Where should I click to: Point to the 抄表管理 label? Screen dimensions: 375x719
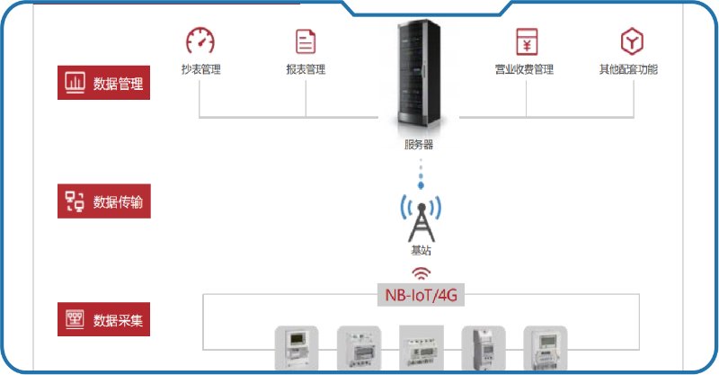pyautogui.click(x=200, y=69)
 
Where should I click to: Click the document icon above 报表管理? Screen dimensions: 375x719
pyautogui.click(x=306, y=40)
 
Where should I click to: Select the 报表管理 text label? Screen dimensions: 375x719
pyautogui.click(x=306, y=69)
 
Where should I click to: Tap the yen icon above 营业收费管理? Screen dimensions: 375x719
pyautogui.click(x=526, y=40)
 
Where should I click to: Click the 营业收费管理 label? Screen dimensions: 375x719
pyautogui.click(x=525, y=69)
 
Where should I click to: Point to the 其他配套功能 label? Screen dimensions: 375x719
pyautogui.click(x=629, y=69)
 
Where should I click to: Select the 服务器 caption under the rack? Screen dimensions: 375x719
pyautogui.click(x=420, y=144)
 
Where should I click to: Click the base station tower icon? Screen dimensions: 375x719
pyautogui.click(x=420, y=212)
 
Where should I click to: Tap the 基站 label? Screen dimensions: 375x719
pyautogui.click(x=420, y=252)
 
